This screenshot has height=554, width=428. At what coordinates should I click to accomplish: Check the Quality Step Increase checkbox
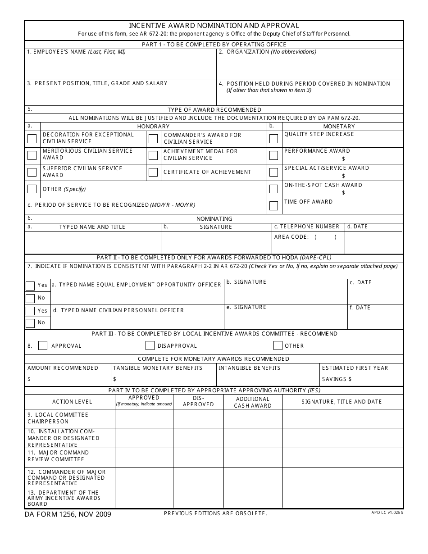point(273,139)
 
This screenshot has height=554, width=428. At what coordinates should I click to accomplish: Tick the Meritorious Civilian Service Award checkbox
point(32,155)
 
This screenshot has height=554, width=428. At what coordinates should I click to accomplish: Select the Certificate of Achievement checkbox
point(153,172)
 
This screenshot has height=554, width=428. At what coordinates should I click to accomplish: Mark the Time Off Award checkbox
point(273,206)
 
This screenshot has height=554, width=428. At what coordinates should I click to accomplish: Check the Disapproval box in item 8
point(150,345)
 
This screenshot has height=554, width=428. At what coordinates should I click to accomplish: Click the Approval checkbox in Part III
point(43,345)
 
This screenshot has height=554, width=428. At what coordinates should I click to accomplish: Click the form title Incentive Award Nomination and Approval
point(214,26)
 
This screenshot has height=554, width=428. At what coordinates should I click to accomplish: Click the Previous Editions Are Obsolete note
point(215,513)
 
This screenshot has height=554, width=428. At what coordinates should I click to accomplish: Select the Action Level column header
point(72,402)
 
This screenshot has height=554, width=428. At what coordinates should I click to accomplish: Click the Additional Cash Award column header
point(253,402)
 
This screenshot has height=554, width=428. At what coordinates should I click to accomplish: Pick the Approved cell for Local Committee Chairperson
point(144,418)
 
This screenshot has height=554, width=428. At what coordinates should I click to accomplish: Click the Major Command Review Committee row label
point(58,456)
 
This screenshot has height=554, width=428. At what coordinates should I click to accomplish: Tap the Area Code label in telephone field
point(291,237)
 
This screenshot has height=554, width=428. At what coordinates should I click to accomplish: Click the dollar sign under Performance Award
point(343,159)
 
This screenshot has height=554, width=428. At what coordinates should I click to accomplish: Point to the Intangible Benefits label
point(250,368)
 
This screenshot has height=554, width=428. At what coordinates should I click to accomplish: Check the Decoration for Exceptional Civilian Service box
point(32,139)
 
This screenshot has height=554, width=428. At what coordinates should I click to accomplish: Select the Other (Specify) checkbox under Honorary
point(32,189)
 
